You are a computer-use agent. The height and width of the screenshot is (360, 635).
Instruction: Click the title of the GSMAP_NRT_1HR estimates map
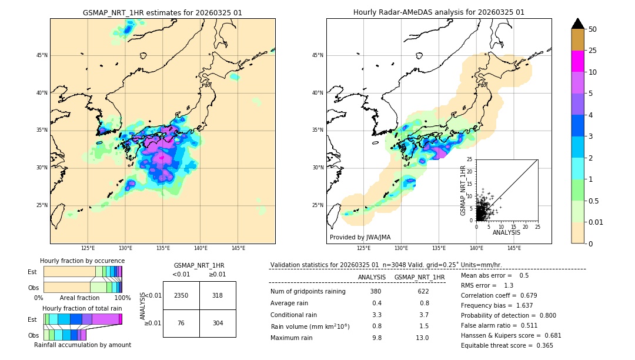(162, 12)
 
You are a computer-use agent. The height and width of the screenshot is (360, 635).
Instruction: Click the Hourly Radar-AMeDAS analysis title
(439, 12)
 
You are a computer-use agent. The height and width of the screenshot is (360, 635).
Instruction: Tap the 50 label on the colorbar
(593, 29)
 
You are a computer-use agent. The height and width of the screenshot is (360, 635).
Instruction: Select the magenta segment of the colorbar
(577, 61)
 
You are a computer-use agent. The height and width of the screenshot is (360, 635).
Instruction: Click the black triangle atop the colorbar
(577, 24)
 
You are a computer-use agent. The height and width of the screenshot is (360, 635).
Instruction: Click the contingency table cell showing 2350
(181, 295)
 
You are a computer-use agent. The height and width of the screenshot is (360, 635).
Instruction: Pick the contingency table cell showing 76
(181, 323)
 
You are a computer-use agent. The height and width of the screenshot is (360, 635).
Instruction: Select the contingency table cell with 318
(218, 295)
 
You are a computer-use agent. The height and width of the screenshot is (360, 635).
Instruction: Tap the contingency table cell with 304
(218, 323)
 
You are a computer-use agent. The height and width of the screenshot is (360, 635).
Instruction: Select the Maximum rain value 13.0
(422, 338)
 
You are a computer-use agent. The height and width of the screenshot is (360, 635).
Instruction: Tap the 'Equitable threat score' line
(507, 345)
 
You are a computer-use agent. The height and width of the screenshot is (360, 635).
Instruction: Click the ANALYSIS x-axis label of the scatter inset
(506, 232)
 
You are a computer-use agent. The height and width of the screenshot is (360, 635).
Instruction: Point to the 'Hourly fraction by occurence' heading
(82, 261)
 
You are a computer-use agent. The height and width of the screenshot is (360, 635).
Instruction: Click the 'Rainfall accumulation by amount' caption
(87, 345)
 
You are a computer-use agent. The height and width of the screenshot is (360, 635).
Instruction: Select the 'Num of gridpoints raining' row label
(308, 291)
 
